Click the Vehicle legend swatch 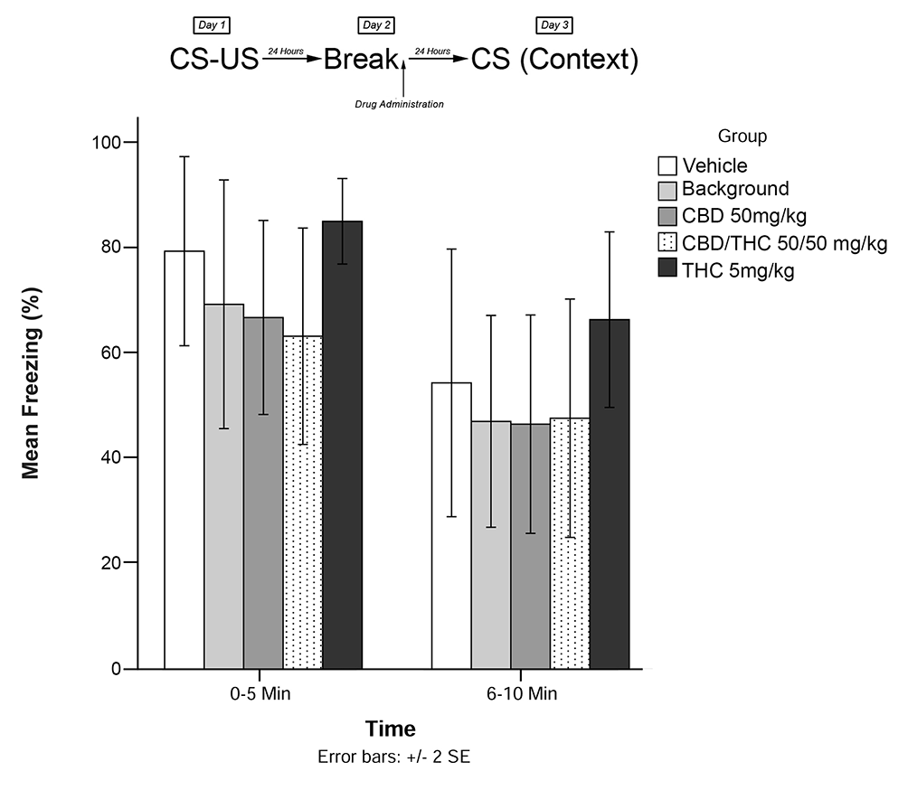click(x=667, y=165)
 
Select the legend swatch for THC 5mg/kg click(x=667, y=269)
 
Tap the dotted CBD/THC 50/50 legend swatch click(x=667, y=243)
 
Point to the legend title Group click(x=742, y=136)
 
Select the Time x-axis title click(x=391, y=729)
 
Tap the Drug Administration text click(x=399, y=104)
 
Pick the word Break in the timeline click(x=361, y=60)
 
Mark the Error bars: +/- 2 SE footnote click(x=393, y=756)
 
